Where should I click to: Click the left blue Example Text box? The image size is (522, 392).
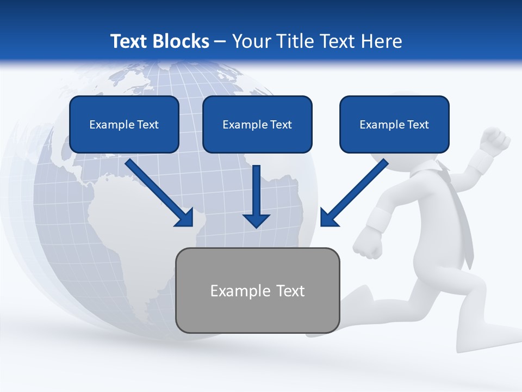(124, 124)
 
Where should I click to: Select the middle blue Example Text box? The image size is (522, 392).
(257, 124)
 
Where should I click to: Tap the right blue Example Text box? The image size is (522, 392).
(394, 124)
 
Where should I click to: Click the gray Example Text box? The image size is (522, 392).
(257, 290)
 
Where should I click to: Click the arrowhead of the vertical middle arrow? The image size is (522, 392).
(257, 220)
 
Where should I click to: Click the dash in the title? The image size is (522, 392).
(220, 41)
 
